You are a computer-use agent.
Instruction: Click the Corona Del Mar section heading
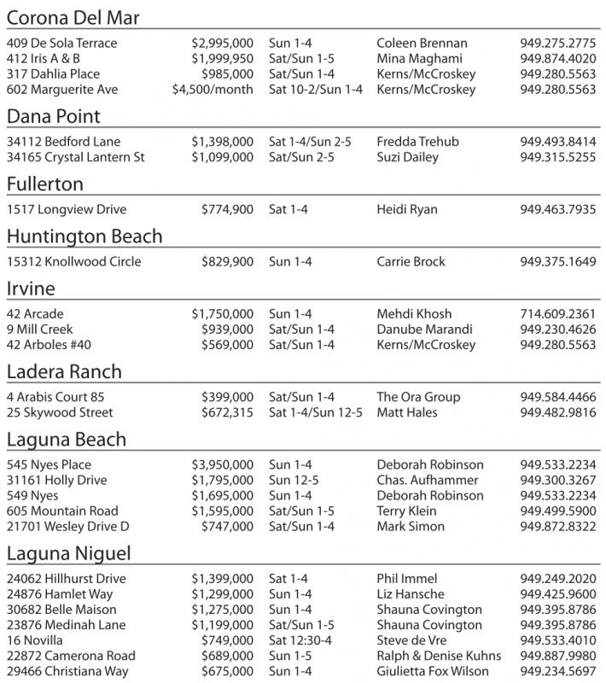pos(73,18)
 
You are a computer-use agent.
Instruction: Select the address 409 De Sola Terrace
pos(61,44)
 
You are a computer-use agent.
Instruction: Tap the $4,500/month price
pos(213,90)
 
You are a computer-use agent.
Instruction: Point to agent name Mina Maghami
pos(418,59)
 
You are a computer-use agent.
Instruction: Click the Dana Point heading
pos(54,116)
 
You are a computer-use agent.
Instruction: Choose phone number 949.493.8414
pos(557,142)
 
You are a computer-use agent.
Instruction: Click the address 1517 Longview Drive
pos(61,209)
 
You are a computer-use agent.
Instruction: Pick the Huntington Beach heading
pos(84,236)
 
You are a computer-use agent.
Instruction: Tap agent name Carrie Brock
pos(411,262)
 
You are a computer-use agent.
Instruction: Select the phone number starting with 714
pos(557,314)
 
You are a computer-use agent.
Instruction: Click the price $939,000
pos(227,330)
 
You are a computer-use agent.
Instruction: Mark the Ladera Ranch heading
pos(64,371)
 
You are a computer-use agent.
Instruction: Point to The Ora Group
pos(418,397)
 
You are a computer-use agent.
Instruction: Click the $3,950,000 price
pos(222,465)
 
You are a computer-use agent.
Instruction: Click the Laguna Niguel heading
pos(68,553)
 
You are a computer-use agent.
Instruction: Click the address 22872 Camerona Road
pos(71,656)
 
